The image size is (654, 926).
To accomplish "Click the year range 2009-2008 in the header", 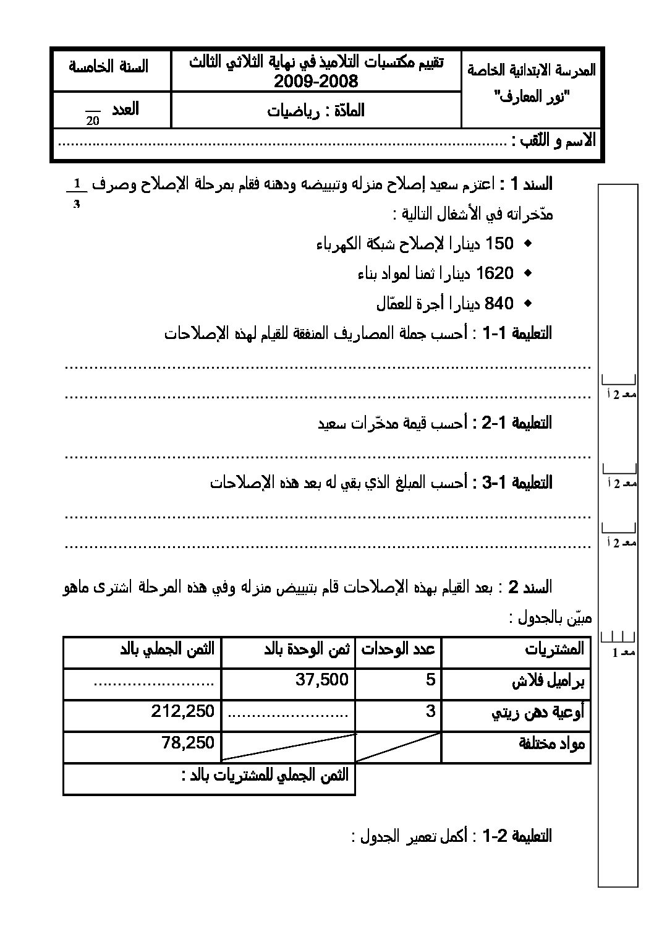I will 316,82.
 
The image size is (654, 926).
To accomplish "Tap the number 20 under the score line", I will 93,121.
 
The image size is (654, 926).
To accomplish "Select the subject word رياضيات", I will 293,111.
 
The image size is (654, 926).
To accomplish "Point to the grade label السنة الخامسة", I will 109,66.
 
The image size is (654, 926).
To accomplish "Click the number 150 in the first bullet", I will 499,244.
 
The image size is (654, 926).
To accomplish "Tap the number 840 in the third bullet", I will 499,304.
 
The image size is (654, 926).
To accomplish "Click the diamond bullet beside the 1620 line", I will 527,273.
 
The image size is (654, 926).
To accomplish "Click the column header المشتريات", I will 554,649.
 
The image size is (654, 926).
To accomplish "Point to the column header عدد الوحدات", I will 398,649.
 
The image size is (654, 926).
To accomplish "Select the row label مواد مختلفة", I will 551,744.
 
